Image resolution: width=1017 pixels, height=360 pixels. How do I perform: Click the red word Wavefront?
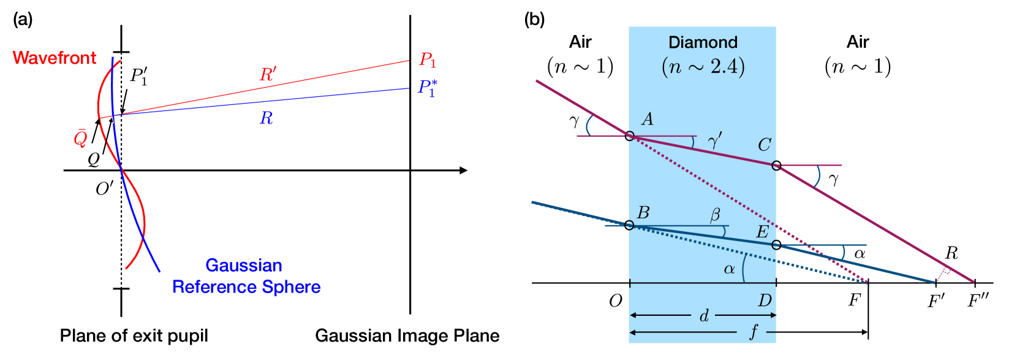coord(54,58)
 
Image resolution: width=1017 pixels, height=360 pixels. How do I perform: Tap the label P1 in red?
coord(427,60)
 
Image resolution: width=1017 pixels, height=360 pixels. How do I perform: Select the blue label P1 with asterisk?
coord(427,88)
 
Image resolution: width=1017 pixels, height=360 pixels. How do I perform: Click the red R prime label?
coord(268,75)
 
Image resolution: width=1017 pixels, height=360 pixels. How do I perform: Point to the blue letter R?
coord(266,118)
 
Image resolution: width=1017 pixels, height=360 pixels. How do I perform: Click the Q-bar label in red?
coord(80,138)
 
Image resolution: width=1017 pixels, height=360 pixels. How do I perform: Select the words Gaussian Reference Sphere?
coord(246,276)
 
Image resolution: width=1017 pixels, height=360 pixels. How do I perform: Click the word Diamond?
coord(703,42)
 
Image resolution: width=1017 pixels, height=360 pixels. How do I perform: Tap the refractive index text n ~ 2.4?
coord(703,66)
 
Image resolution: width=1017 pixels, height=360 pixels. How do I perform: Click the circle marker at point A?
coord(630,136)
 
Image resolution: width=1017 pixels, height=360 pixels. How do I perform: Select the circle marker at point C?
coord(776,166)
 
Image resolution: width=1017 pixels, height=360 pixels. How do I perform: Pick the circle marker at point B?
coord(630,225)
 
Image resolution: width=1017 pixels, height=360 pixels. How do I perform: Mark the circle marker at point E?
coord(776,245)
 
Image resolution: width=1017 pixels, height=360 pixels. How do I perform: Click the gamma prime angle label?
coord(714,142)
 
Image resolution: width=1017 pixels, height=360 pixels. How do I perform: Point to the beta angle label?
coord(715,215)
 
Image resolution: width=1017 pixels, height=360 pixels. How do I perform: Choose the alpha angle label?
coord(729,269)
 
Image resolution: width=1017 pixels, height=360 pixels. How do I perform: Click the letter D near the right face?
coord(765,301)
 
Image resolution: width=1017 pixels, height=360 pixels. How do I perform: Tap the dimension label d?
coord(704,316)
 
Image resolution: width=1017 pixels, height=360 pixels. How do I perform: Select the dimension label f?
coord(754,332)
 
